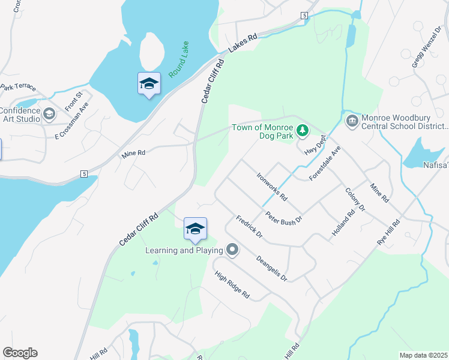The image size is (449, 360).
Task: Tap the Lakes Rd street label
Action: (243, 41)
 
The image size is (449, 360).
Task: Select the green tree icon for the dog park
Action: (303, 129)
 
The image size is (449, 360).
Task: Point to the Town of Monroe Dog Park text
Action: (263, 131)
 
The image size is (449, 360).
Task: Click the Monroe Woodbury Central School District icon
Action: (352, 122)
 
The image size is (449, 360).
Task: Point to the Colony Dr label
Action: (355, 199)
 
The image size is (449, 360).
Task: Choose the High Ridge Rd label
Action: (232, 284)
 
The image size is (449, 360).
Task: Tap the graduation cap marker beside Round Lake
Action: (149, 84)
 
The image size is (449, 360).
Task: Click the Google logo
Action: (20, 353)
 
